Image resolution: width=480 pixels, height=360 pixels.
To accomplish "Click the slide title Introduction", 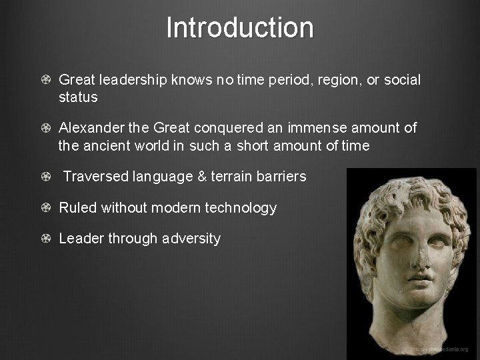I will click(239, 28).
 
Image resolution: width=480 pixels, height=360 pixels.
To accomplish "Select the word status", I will click(78, 97).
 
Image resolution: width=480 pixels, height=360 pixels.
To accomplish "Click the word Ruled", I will click(77, 208).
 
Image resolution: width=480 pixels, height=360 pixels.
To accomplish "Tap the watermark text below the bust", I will click(439, 349).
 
